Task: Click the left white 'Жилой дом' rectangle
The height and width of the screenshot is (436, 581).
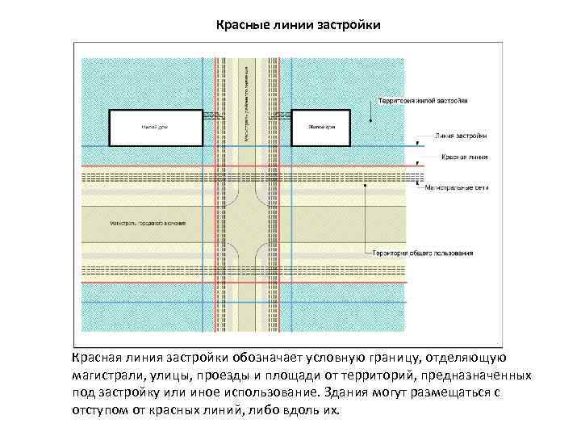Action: coord(155,128)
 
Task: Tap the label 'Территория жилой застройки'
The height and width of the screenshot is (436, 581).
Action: coord(422,101)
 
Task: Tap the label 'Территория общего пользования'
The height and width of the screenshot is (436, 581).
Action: coord(422,253)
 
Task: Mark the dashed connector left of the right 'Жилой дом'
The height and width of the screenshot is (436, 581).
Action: coord(282,117)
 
